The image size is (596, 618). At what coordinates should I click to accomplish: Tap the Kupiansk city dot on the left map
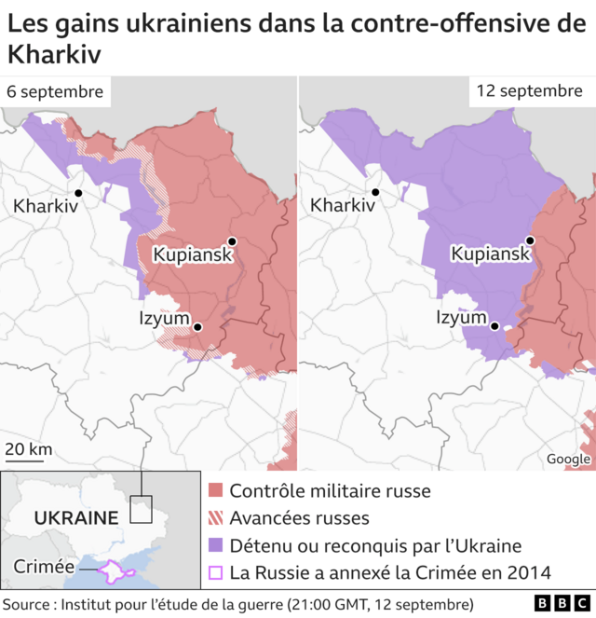point(232,241)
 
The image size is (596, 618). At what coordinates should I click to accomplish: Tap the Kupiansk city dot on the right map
point(529,241)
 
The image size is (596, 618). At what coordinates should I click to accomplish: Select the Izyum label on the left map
point(164,319)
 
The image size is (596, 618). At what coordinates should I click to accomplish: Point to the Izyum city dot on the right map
point(495,326)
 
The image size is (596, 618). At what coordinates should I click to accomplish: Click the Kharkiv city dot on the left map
point(78,193)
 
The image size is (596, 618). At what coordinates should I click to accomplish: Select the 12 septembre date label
point(528,91)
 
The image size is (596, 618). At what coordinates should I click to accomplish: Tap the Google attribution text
point(567,459)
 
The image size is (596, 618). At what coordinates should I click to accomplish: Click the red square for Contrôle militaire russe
point(215,490)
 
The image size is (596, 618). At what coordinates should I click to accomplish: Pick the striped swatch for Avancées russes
point(215,518)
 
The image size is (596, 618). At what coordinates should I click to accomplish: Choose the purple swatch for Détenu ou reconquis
point(215,546)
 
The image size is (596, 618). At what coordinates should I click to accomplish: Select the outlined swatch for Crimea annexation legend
point(215,573)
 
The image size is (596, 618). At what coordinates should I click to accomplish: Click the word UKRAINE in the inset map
point(75,517)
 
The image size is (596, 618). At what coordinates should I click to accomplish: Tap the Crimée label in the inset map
point(44,567)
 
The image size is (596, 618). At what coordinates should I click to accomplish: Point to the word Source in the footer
point(28,604)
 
